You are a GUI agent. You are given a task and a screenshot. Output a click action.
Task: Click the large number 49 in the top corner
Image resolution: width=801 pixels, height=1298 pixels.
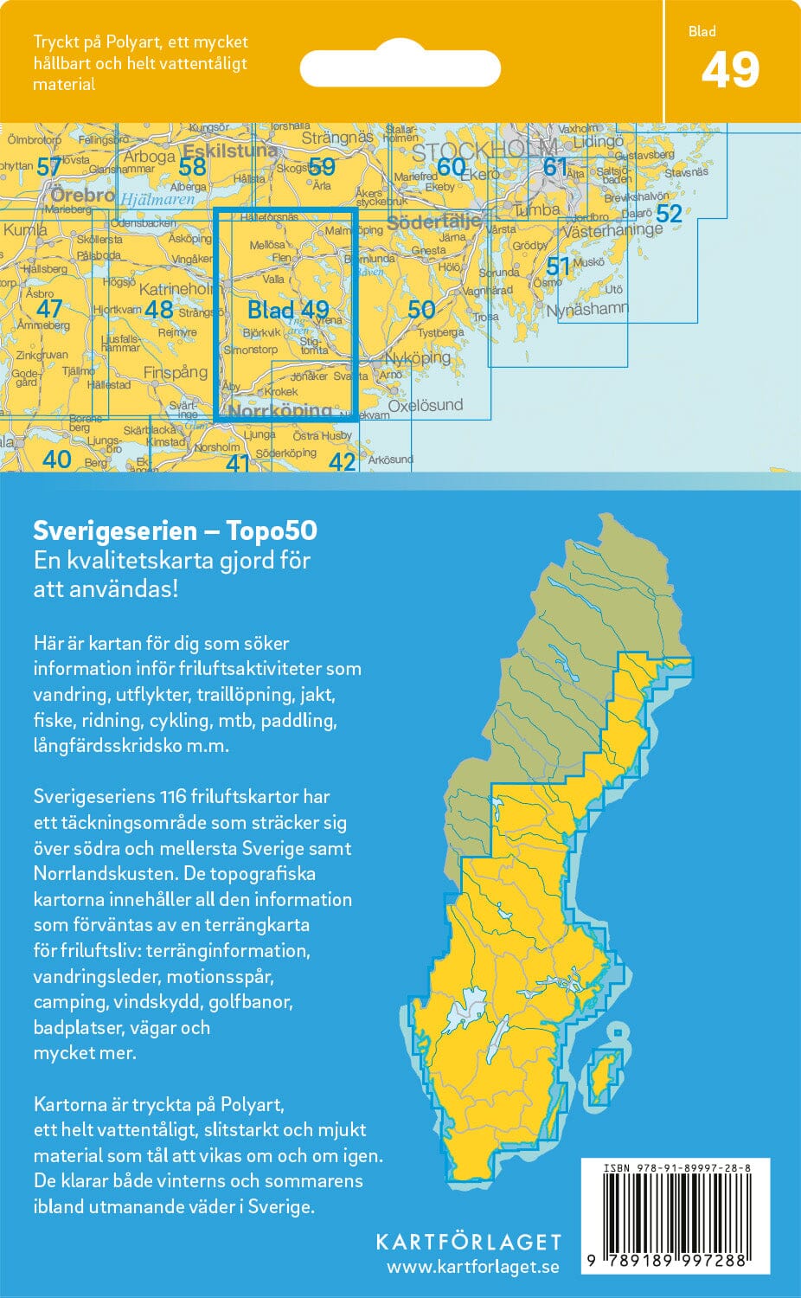point(730,71)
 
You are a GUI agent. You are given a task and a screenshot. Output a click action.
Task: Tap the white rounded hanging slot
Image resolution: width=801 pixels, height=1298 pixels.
point(400,67)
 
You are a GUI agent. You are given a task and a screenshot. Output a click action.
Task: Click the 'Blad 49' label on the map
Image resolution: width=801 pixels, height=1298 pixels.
point(288,310)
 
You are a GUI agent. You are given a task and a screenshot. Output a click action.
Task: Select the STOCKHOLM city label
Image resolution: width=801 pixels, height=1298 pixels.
point(484,151)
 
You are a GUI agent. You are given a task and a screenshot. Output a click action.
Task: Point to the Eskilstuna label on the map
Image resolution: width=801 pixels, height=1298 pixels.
point(229,150)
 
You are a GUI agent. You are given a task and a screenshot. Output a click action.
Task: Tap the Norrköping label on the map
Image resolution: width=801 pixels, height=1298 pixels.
point(279,411)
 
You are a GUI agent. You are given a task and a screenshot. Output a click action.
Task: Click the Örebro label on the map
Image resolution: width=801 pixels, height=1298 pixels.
point(82,195)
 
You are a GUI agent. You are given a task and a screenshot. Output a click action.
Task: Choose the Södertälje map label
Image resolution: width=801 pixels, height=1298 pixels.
point(433,222)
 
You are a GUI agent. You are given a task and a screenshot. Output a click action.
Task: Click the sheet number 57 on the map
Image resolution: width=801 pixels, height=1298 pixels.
point(49,167)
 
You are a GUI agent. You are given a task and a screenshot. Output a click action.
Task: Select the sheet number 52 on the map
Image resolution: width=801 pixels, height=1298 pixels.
point(669,213)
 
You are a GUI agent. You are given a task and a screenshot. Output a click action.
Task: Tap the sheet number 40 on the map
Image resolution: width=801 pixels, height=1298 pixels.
point(57,459)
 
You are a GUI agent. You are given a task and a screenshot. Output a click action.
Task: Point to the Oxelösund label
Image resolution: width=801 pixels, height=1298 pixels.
point(426,405)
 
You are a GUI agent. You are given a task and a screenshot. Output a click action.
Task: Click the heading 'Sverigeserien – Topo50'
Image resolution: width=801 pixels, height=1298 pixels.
point(175,530)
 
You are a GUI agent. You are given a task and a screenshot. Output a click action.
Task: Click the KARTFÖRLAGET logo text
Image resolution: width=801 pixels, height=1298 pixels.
point(468,1242)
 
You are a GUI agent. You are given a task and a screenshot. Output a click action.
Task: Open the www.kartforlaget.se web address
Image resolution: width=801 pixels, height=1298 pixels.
point(472,1267)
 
